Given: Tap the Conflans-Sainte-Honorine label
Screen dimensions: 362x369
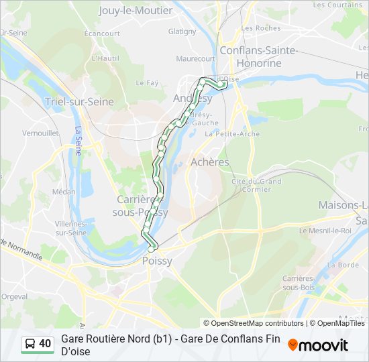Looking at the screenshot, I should coord(251,56).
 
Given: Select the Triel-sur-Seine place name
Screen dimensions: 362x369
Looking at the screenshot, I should coord(79,102).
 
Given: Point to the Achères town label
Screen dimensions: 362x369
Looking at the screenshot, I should coord(209,162).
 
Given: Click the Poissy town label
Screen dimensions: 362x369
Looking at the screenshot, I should coord(157,261).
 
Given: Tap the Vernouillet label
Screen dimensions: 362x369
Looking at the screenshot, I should coord(41,133).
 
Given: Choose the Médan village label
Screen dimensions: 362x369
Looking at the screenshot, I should coord(64,191).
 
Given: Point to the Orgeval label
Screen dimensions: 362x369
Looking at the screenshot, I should coord(14,296).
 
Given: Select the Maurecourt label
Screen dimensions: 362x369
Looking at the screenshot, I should coord(196,58).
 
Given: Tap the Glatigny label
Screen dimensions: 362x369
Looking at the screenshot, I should coord(182,32).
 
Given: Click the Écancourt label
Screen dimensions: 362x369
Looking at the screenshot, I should coord(103,33).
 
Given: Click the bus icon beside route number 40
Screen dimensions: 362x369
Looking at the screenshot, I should coord(30,344).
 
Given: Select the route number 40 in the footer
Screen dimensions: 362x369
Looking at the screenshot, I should coord(45,344).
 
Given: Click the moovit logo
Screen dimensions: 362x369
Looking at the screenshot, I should coord(318,345).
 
